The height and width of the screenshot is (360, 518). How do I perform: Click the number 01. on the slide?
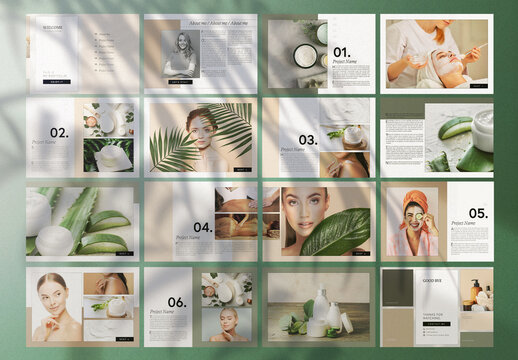[342, 52]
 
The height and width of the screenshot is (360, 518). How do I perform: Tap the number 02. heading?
[59, 132]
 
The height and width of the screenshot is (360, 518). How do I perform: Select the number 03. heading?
[308, 140]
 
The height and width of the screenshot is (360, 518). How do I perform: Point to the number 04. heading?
[203, 227]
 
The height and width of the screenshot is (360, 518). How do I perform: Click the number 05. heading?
[478, 213]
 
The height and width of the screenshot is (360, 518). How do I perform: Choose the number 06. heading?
[176, 301]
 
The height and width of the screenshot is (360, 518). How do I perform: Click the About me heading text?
[219, 21]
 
